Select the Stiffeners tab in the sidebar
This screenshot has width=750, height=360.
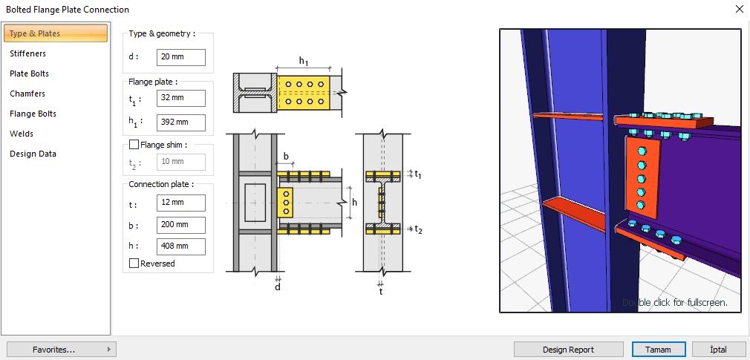pos(27,53)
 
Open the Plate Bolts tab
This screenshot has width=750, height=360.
pos(29,73)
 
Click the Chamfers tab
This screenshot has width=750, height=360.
pos(27,94)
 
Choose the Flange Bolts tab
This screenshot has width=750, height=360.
pos(33,114)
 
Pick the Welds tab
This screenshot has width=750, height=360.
pos(22,134)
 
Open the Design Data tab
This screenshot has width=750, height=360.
pos(33,154)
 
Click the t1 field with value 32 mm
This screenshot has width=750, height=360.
pos(181,97)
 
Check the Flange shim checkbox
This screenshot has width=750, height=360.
pos(134,145)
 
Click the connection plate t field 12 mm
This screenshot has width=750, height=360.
pos(181,203)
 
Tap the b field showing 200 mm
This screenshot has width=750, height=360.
pos(181,224)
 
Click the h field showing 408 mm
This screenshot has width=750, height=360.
pos(181,246)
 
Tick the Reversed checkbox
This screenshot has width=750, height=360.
pos(134,264)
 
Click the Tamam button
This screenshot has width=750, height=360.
pos(658,350)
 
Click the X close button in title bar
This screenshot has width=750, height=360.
pos(739,10)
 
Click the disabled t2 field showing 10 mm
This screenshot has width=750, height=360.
pos(181,162)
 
